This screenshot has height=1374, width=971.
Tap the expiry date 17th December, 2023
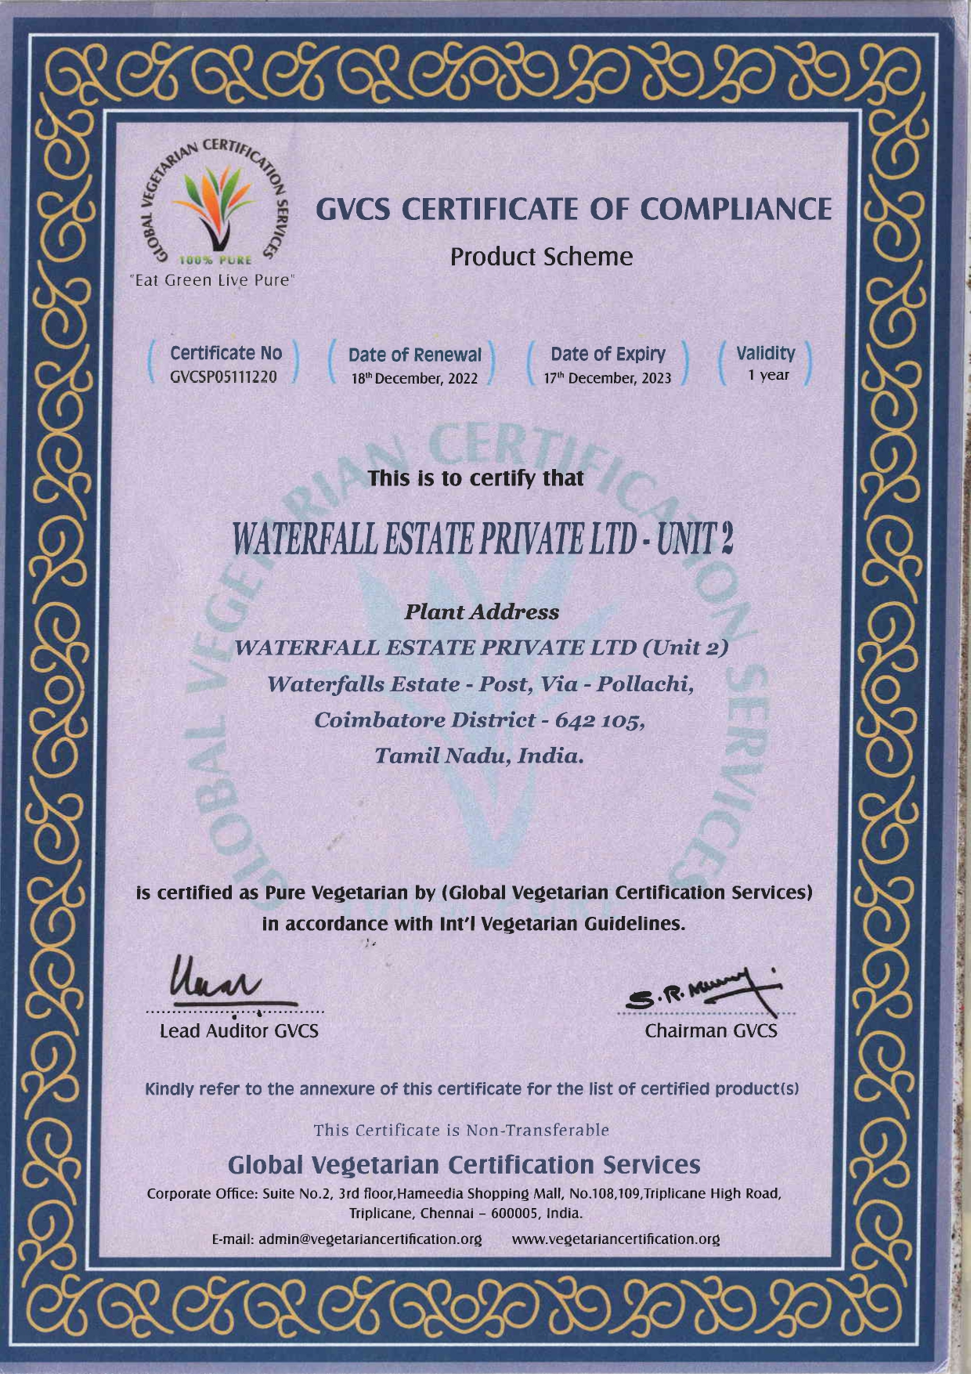[608, 378]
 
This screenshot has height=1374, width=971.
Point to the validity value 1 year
[768, 375]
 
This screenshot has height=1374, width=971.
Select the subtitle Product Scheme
[542, 256]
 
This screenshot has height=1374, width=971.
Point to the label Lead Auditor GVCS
[239, 1031]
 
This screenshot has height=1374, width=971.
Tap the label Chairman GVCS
[711, 1031]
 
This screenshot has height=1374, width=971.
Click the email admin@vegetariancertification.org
[346, 1239]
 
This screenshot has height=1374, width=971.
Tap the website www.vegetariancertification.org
[615, 1239]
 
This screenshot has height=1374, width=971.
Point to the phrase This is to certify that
[476, 477]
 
